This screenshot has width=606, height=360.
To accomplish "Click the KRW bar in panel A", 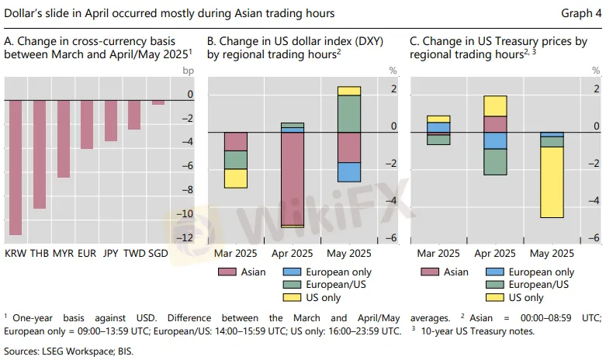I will (x=16, y=168).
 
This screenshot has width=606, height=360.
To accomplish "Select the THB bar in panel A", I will (x=39, y=154).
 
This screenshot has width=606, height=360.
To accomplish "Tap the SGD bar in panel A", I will (x=158, y=102).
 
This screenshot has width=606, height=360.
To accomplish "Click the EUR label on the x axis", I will (x=87, y=253).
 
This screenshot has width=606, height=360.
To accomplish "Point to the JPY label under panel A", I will (x=111, y=253).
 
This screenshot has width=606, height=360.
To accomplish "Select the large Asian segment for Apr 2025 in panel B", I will (x=293, y=178).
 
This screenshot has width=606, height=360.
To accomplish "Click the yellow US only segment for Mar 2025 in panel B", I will (x=235, y=178).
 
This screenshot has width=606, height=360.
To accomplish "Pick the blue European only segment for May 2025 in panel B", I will (x=349, y=171).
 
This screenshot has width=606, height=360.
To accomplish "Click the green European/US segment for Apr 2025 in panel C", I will (x=495, y=161).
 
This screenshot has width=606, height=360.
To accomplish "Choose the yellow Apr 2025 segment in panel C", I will (x=495, y=106).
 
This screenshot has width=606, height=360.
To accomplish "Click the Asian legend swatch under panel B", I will (x=227, y=272).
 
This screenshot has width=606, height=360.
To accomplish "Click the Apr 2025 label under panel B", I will (x=293, y=253).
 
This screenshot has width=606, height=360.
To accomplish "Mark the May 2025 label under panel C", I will (x=552, y=253).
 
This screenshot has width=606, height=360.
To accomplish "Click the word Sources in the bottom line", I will (x=23, y=351).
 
